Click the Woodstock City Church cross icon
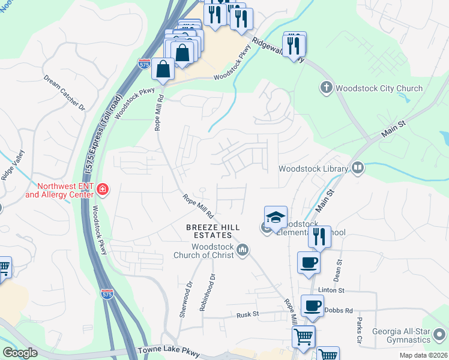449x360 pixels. (x=327, y=88)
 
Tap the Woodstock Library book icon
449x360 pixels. (x=358, y=168)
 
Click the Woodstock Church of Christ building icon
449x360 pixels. (x=243, y=250)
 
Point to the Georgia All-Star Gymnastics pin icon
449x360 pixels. (x=441, y=334)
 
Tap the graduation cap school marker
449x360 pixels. (x=276, y=217)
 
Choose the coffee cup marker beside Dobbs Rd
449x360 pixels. (x=312, y=305)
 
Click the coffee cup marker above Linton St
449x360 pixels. (x=309, y=262)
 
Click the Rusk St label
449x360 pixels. (x=247, y=314)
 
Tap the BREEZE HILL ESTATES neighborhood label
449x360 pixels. (x=213, y=232)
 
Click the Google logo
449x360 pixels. (x=20, y=353)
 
